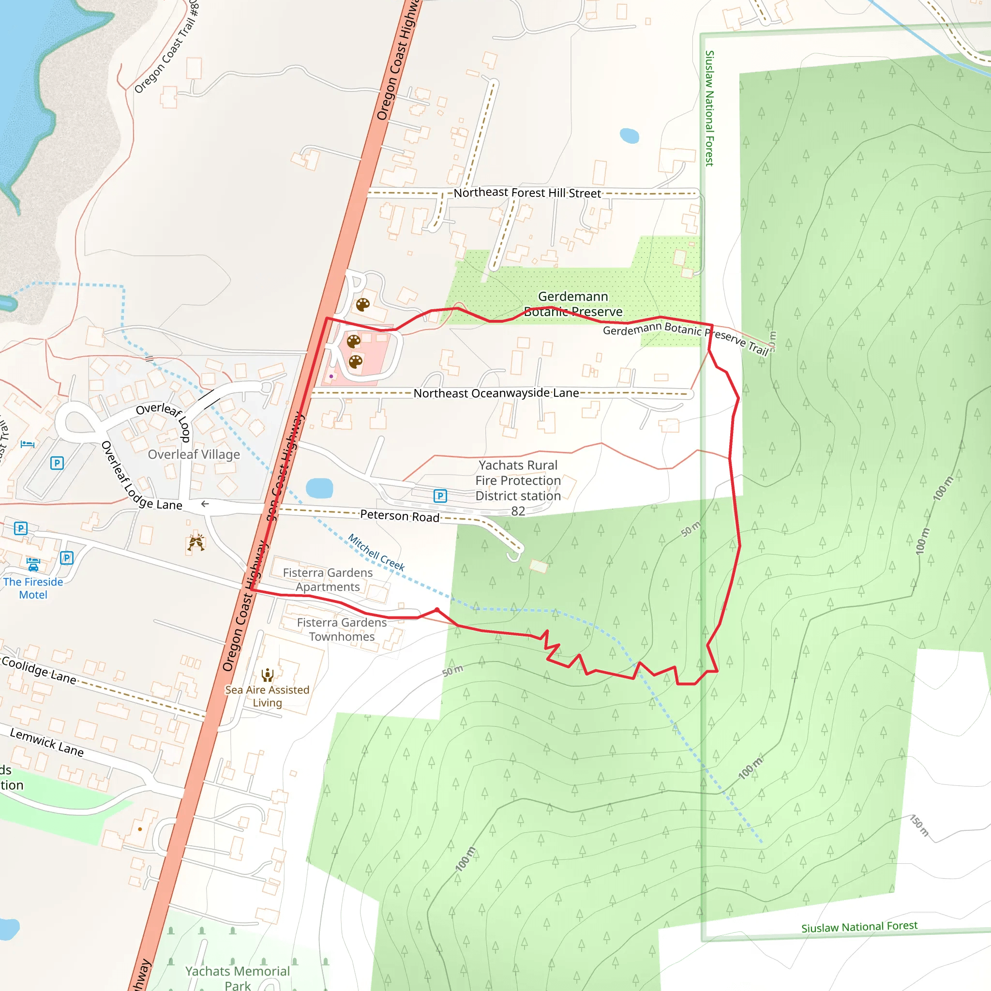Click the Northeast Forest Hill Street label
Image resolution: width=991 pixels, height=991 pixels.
(527, 193)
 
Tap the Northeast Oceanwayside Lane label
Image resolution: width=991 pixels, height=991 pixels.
(495, 393)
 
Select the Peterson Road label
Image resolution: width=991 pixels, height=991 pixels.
(399, 515)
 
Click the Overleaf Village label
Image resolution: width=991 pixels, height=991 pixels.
(194, 454)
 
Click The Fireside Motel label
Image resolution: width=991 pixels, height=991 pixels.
(33, 588)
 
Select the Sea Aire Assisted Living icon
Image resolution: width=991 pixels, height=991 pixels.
(267, 675)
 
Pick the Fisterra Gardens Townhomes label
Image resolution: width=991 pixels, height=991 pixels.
(342, 630)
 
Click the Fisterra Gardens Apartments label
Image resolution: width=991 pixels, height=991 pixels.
(328, 580)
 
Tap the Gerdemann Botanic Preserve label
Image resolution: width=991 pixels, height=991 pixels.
(573, 304)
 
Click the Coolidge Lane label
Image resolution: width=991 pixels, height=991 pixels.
(39, 670)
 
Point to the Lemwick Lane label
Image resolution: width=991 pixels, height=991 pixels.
(46, 742)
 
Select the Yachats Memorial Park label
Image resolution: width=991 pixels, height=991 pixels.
(238, 977)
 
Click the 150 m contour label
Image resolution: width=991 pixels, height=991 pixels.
(919, 826)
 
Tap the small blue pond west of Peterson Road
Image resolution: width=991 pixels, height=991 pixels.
(319, 488)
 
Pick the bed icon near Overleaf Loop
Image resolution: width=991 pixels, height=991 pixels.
(27, 444)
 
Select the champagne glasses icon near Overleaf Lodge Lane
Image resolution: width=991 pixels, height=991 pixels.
(196, 543)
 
